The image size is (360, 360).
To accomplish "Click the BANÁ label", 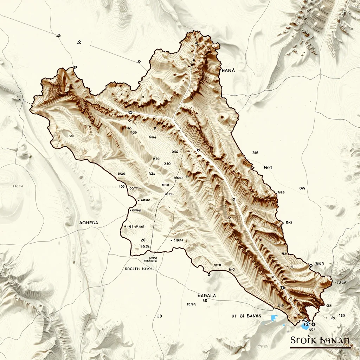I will pyautogui.click(x=229, y=70).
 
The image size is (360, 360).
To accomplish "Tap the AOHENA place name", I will pyautogui.click(x=89, y=223).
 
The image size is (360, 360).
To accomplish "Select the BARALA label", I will pyautogui.click(x=207, y=295).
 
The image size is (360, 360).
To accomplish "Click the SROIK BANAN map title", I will pyautogui.click(x=320, y=340).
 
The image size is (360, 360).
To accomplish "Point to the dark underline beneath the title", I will pyautogui.click(x=320, y=347).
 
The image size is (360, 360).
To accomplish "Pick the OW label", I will pyautogui.click(x=302, y=188).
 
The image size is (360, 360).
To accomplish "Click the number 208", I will pyautogui.click(x=255, y=153).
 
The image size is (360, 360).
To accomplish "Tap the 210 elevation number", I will pyautogui.click(x=167, y=163).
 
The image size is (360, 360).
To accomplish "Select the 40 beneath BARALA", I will pyautogui.click(x=205, y=301).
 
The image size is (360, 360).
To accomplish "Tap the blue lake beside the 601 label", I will pyautogui.click(x=304, y=326).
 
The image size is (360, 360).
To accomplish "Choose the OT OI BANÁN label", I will pyautogui.click(x=246, y=316).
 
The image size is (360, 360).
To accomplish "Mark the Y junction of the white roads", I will pyautogui.click(x=173, y=119).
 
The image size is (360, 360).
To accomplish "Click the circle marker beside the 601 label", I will pyautogui.click(x=313, y=324).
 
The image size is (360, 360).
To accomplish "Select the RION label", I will pyautogui.click(x=122, y=174).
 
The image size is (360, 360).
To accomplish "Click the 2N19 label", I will pyautogui.click(x=319, y=264).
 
